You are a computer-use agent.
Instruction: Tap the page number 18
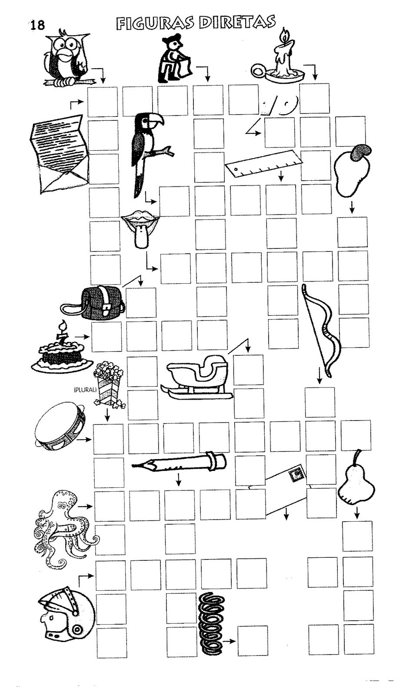coord(37,25)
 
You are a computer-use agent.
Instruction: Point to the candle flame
coord(285,33)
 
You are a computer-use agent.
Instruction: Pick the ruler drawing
coord(263,163)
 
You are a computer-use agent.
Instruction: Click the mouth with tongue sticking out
coord(138,228)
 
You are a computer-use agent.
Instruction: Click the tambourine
coord(60,428)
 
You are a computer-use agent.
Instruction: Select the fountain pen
coord(179,463)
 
